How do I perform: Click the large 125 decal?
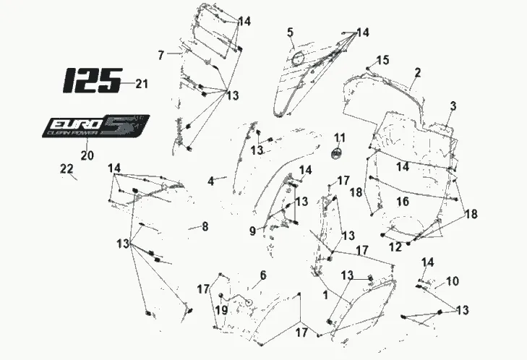click(x=91, y=80)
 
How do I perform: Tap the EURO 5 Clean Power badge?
click(x=95, y=127)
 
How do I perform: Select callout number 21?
click(x=141, y=85)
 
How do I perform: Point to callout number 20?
click(x=87, y=155)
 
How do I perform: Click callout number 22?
click(x=67, y=168)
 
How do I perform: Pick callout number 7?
click(x=161, y=53)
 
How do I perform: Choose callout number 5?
click(x=290, y=32)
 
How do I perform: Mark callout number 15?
click(x=383, y=59)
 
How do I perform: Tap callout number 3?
click(x=453, y=106)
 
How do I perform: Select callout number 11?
click(x=340, y=137)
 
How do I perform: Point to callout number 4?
click(x=210, y=181)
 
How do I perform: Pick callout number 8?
click(x=205, y=227)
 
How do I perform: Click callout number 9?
click(x=252, y=231)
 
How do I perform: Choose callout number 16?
click(x=403, y=200)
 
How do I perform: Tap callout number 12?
click(x=394, y=247)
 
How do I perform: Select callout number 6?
click(x=263, y=275)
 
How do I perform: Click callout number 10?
click(x=453, y=280)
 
